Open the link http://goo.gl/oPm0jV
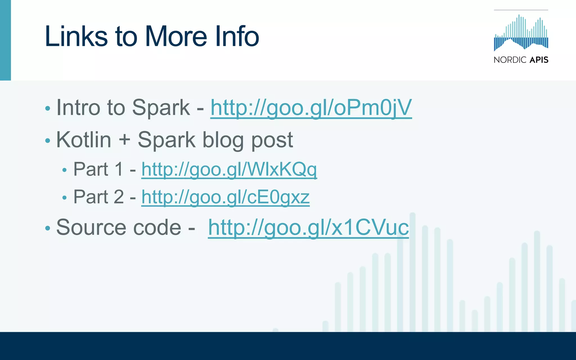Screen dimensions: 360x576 311,108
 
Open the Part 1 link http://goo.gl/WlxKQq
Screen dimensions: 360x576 229,169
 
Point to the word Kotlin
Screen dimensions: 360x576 84,140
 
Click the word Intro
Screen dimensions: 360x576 78,108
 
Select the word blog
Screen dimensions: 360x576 223,140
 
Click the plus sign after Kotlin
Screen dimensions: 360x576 124,140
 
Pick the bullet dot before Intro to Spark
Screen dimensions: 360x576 48,109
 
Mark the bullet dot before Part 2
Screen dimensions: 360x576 64,198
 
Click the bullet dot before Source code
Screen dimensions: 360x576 48,228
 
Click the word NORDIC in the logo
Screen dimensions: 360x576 510,60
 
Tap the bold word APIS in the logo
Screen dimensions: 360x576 539,60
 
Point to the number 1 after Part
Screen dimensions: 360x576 119,169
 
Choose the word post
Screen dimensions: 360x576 272,140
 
